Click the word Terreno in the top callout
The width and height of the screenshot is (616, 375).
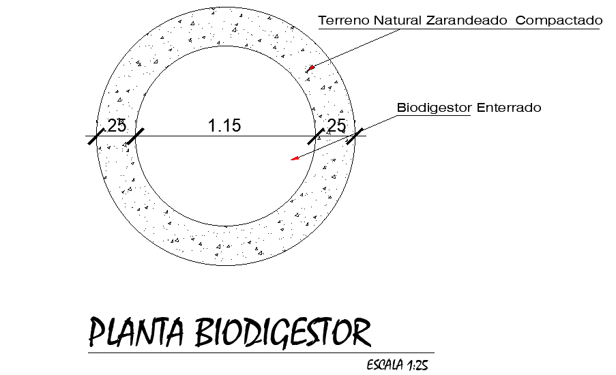[343, 20]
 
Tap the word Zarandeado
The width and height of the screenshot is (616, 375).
[467, 20]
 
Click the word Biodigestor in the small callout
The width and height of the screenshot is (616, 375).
[435, 108]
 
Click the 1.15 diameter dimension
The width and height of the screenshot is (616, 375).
[224, 125]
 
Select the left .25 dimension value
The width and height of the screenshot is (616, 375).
[115, 125]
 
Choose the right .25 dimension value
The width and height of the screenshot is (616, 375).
[335, 125]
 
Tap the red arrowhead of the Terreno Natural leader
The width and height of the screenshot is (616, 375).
[310, 67]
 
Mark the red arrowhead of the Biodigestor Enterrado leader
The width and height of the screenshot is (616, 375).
[295, 159]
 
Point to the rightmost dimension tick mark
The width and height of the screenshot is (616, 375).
[354, 136]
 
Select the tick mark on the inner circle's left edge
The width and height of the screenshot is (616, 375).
[134, 136]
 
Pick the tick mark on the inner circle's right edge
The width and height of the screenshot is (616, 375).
[316, 136]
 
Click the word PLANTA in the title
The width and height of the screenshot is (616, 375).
[136, 333]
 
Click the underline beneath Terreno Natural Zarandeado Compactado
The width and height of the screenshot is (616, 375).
[460, 29]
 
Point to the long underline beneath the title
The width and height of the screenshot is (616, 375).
[259, 352]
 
